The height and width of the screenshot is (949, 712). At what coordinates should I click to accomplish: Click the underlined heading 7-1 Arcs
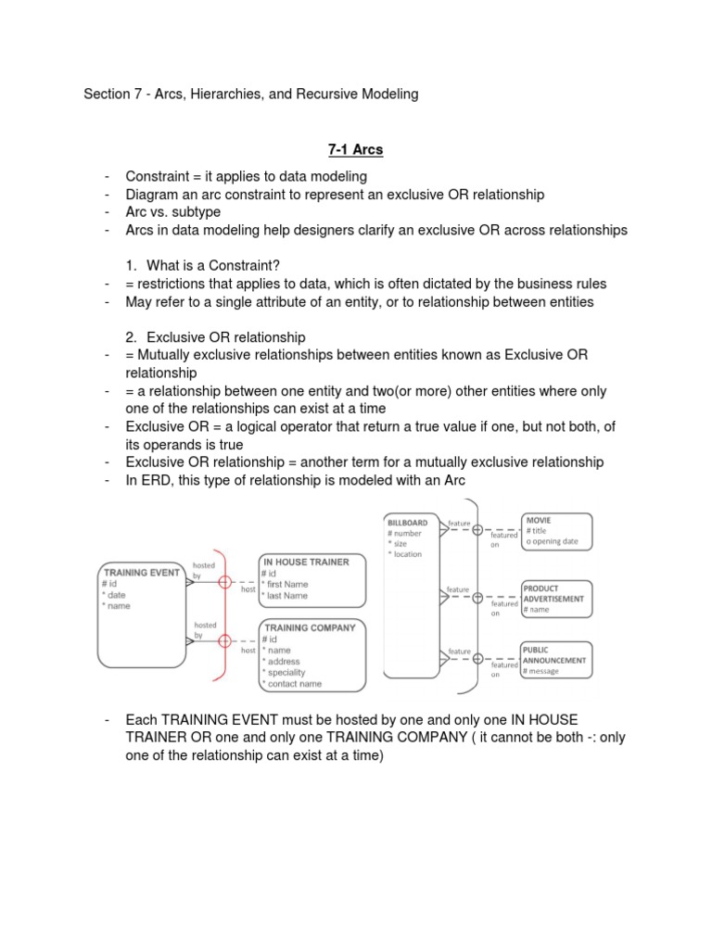(356, 149)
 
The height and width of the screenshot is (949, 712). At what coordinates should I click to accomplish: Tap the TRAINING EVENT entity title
(141, 573)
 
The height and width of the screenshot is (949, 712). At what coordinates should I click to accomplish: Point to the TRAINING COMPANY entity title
(310, 627)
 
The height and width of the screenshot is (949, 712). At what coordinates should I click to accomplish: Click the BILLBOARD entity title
(408, 523)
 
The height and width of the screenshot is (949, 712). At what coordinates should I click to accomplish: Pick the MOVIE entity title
(539, 521)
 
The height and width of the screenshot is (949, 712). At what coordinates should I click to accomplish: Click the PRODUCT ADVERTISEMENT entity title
(553, 593)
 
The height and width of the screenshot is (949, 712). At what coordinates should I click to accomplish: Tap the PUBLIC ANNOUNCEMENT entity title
(554, 654)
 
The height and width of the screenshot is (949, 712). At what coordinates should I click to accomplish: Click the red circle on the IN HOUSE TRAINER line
(223, 582)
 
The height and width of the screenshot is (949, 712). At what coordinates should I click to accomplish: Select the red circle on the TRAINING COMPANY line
(223, 641)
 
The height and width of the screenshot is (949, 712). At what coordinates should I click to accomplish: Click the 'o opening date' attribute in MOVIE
(554, 542)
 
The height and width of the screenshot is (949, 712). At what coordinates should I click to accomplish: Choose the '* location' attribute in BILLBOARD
(406, 554)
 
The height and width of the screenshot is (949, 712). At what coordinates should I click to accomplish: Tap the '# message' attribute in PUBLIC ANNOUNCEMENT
(542, 671)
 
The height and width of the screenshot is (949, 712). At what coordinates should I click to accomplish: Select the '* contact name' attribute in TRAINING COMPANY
(293, 684)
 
